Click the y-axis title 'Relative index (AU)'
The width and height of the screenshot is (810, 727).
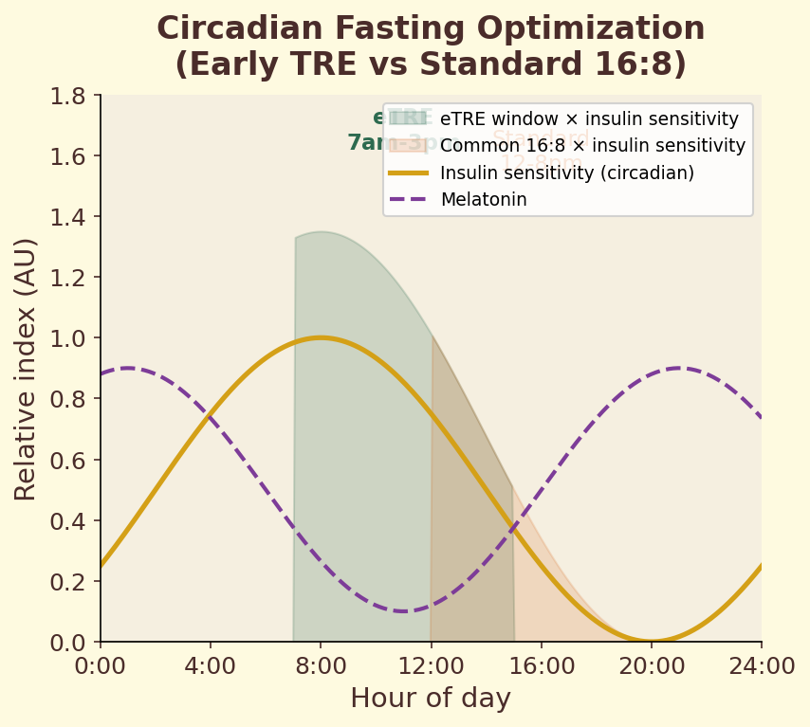[x=26, y=369]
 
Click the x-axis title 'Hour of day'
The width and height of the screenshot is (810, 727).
[x=431, y=699]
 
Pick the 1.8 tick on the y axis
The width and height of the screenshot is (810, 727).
[x=68, y=96]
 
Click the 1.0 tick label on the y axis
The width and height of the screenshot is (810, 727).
[x=68, y=338]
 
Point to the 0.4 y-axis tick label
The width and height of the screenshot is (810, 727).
[x=68, y=520]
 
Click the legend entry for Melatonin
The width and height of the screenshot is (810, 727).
[x=484, y=200]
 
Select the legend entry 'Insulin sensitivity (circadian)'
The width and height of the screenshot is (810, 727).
[x=567, y=173]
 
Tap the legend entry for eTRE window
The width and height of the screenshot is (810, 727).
[x=589, y=119]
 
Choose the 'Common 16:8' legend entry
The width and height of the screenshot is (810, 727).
[x=592, y=146]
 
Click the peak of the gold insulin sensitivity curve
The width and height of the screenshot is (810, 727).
[x=321, y=337]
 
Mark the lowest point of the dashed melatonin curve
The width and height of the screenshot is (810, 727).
[x=403, y=611]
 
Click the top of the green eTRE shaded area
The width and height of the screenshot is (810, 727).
[x=322, y=232]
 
